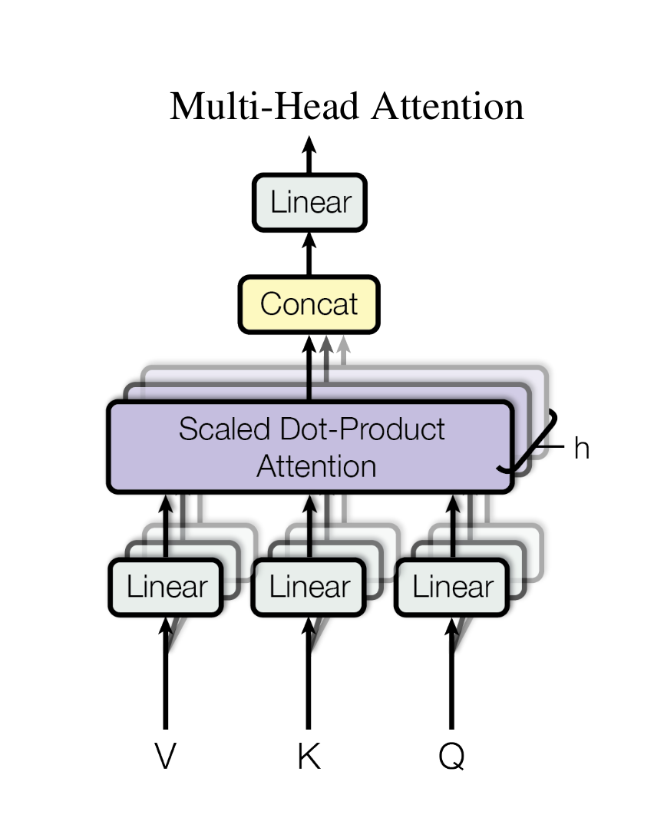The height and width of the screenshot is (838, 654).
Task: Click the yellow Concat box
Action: click(309, 304)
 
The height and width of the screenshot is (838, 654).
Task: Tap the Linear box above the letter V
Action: click(166, 588)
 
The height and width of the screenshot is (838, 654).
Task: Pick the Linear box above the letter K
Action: click(309, 588)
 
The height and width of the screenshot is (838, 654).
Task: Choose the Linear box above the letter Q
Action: click(452, 588)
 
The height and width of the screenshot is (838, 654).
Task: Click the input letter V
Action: click(165, 757)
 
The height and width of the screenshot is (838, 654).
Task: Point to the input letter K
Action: click(309, 757)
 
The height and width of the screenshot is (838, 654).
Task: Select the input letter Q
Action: click(451, 757)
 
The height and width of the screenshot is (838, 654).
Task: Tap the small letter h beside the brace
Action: click(581, 449)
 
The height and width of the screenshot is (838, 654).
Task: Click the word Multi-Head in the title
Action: click(263, 107)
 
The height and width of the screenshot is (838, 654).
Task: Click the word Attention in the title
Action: click(447, 107)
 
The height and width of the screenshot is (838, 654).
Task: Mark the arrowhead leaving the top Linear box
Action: click(309, 144)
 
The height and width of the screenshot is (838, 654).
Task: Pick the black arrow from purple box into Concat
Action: click(309, 369)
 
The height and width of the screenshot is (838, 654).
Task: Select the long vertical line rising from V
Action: click(165, 684)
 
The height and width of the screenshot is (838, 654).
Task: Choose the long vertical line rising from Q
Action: click(451, 684)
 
